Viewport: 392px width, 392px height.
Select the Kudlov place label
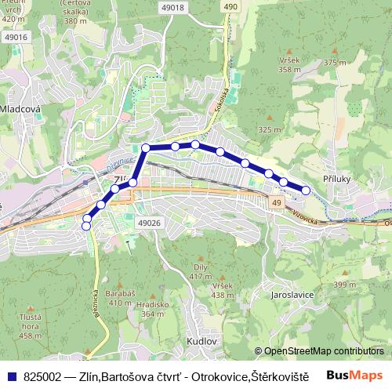pos(202,342)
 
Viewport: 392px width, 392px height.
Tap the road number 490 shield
pos(229,7)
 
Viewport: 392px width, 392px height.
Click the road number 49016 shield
pos(15,37)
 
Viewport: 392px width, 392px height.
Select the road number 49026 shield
pos(148,223)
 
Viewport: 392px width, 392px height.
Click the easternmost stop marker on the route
pos(306,191)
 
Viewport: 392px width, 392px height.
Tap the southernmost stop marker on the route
pos(86,227)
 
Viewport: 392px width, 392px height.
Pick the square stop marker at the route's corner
pos(146,147)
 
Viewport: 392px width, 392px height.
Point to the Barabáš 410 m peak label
pos(120,297)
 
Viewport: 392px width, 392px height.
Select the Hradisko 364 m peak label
pos(147,309)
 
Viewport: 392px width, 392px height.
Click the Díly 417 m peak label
pos(201,272)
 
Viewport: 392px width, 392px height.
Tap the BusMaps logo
pos(354,375)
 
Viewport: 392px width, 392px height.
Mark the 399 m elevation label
pos(344,285)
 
